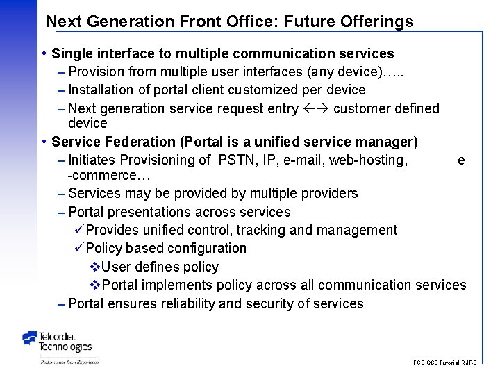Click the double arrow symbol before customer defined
coord(317,108)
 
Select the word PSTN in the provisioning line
coord(237,160)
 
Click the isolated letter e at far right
coord(461,160)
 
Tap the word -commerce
coord(97,174)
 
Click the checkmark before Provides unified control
coord(78,230)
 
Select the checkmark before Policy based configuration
coord(78,248)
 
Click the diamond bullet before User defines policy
coord(96,267)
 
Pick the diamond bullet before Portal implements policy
coord(96,285)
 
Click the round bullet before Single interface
coord(44,53)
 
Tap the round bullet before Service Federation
coord(44,142)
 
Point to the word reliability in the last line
coord(187,303)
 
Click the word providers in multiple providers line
coord(329,193)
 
